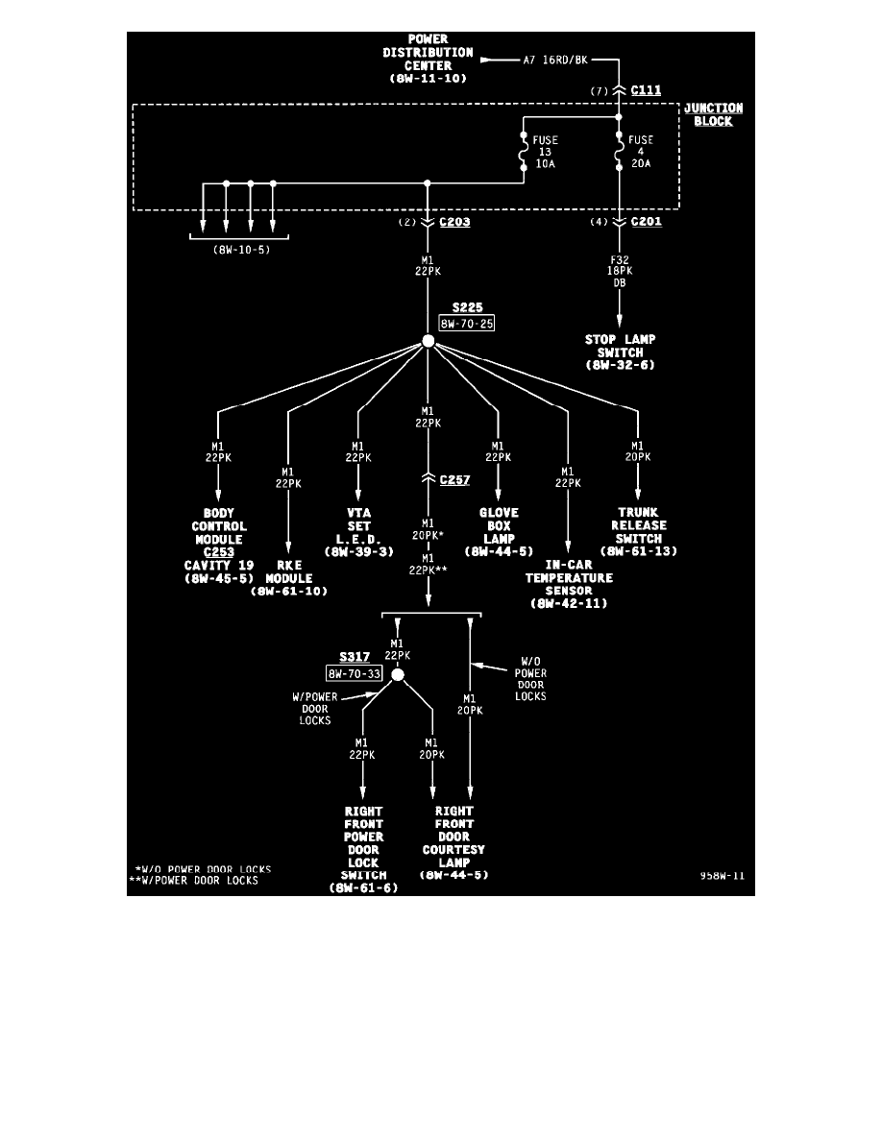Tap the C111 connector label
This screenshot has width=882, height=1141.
tap(646, 90)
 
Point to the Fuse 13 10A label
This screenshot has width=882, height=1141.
tap(545, 152)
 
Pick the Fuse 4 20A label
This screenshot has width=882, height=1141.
tap(641, 152)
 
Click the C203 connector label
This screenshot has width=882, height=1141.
tap(454, 222)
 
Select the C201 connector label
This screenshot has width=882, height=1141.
tap(647, 222)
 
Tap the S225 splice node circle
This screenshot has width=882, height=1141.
tap(429, 341)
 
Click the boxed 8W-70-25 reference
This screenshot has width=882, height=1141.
tap(465, 325)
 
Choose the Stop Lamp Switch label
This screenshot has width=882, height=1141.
tap(620, 352)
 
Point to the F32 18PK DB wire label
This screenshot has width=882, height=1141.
tap(620, 272)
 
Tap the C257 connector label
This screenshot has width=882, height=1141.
tap(454, 479)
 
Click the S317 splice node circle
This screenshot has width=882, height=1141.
tap(398, 675)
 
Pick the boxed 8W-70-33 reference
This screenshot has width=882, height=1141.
tap(355, 674)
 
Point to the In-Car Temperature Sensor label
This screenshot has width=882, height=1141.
tap(569, 585)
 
